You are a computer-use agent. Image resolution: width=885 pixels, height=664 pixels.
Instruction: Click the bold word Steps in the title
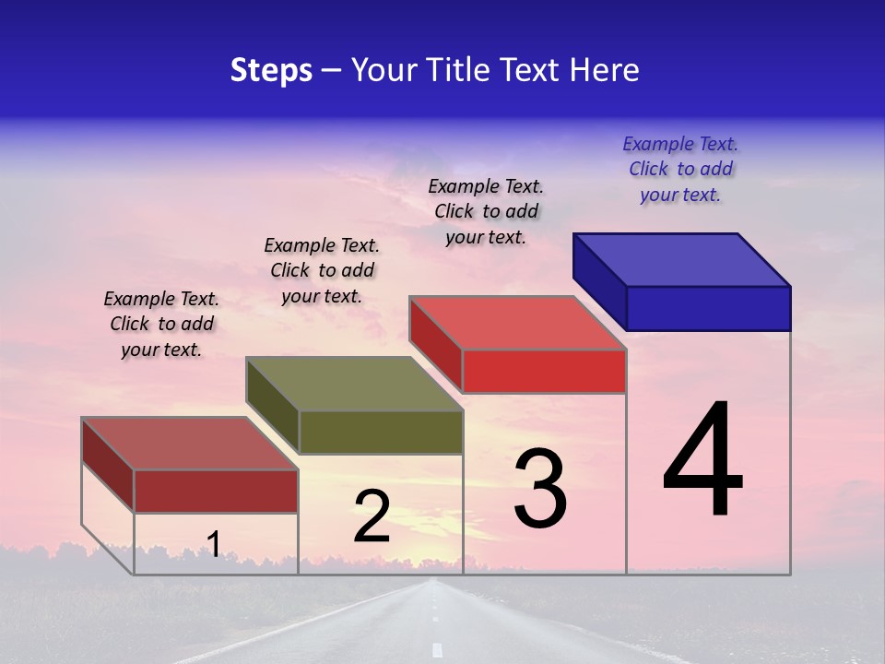point(271,70)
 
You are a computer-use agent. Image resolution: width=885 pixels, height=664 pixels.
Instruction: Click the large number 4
point(702,461)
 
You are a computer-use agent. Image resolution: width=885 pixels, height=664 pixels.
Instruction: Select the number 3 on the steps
point(539,489)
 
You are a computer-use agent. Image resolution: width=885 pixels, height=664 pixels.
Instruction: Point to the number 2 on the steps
point(372,516)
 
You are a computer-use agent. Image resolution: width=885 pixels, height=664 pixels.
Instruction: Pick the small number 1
point(213,545)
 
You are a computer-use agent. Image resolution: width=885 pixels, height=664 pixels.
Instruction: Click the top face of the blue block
point(682,259)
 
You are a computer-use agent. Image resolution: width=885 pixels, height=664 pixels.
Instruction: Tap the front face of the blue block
point(708,308)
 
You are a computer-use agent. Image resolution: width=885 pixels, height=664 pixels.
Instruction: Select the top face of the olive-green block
point(354,383)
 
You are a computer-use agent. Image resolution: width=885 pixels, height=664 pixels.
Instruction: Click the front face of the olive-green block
point(381,432)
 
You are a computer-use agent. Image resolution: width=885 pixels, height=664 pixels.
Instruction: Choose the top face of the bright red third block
point(518,323)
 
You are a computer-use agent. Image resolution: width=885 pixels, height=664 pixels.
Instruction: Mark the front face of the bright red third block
point(544,371)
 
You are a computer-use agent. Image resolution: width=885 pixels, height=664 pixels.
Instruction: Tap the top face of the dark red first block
point(190,443)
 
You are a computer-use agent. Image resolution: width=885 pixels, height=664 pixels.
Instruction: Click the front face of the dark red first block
point(216,491)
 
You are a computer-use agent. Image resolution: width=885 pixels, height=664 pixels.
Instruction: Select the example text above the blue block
point(680,169)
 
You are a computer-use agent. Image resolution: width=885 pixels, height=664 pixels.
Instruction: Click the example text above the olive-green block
point(322,270)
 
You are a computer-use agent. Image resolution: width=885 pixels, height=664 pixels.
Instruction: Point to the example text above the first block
point(161,324)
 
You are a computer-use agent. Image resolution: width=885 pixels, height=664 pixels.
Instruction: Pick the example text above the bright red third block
point(486,211)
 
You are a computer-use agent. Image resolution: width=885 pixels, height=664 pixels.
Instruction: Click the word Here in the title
point(605,70)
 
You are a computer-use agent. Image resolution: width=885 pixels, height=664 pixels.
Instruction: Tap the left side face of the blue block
point(599,281)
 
